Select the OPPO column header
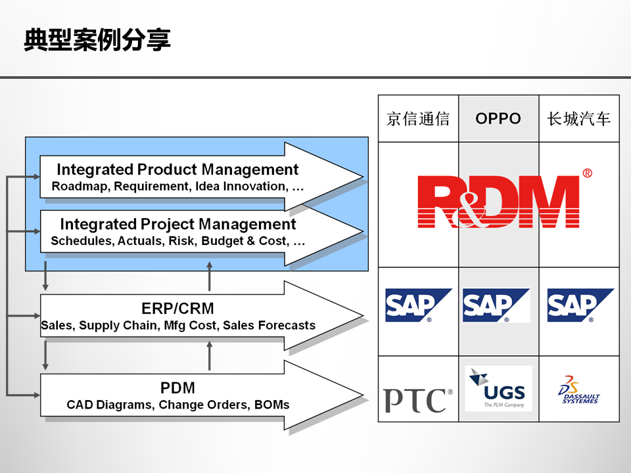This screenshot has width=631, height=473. click(498, 118)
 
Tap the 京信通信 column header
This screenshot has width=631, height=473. click(418, 118)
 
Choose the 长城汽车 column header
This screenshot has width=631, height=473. click(578, 118)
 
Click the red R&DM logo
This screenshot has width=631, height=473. click(499, 201)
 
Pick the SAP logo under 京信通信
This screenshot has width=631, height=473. click(418, 305)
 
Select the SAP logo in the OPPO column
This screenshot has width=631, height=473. click(496, 305)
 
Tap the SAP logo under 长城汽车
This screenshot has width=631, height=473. click(580, 305)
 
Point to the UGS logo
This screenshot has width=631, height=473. click(498, 389)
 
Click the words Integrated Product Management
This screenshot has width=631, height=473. click(177, 169)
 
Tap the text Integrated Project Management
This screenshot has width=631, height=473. click(178, 224)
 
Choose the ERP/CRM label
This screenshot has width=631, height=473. click(177, 308)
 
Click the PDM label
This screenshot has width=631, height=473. click(177, 388)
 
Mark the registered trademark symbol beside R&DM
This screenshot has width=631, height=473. click(587, 173)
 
